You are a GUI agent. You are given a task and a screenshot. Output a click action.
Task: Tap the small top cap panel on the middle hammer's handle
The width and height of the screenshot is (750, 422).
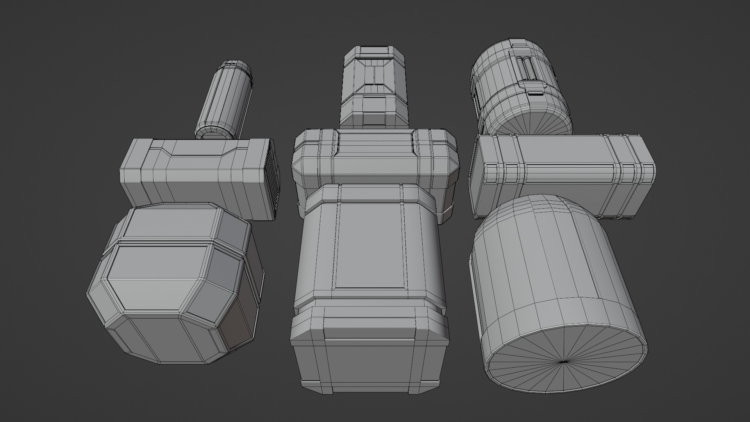coord(374,51)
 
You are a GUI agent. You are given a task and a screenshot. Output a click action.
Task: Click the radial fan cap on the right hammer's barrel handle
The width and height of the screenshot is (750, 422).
coord(529,123)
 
